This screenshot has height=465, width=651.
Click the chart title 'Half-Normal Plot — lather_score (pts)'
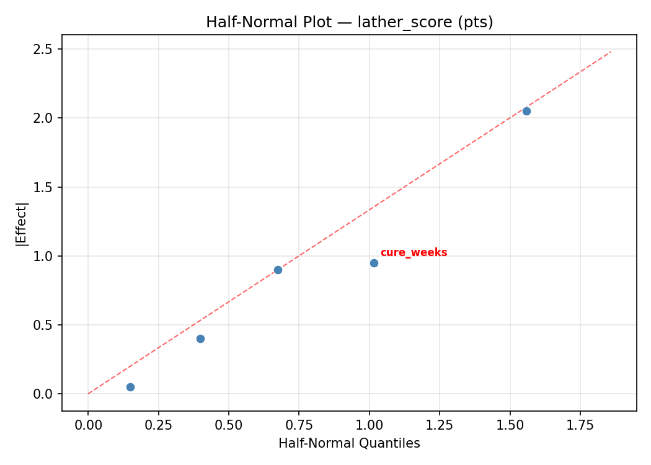tap(349, 22)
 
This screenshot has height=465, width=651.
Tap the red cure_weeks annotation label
tap(414, 253)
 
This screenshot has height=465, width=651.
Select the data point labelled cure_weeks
tap(374, 263)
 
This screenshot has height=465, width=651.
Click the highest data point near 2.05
tap(526, 111)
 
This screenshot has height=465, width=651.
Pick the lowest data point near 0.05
tap(130, 387)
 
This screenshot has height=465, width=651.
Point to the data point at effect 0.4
tap(200, 339)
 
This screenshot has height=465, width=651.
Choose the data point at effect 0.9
tap(278, 270)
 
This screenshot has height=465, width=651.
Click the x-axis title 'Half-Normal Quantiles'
tap(349, 444)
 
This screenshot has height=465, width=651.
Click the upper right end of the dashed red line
tap(611, 51)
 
